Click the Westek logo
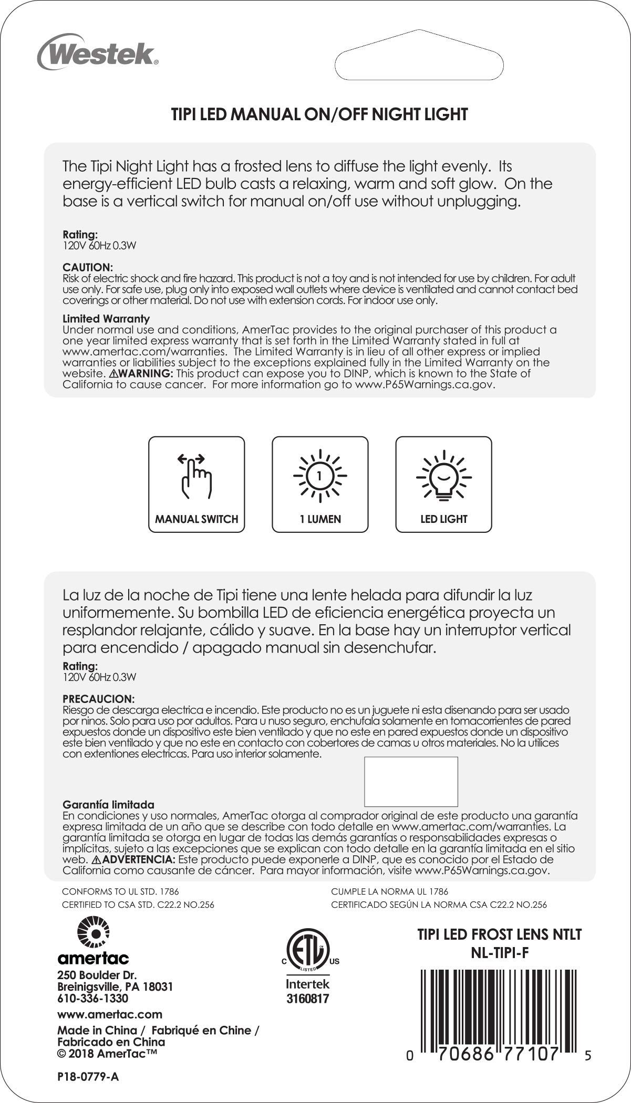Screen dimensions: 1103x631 [98, 52]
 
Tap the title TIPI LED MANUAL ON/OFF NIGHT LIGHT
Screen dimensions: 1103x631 [319, 114]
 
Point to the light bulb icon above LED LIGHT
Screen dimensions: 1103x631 [443, 476]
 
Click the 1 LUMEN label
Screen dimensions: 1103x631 [320, 519]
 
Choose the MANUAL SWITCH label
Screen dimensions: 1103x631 [196, 519]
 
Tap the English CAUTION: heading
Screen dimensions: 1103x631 [88, 267]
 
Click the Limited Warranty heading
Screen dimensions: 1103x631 [106, 319]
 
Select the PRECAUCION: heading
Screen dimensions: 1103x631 [99, 699]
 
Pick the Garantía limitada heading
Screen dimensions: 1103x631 [108, 804]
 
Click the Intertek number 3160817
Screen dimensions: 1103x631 [307, 999]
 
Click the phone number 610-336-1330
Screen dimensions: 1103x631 [92, 998]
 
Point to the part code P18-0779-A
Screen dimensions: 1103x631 [88, 1077]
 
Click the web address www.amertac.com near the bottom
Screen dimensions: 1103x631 [109, 1014]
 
